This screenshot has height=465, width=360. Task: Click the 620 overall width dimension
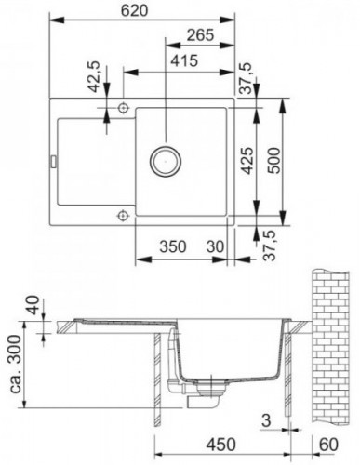click(x=135, y=11)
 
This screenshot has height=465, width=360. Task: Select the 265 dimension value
click(x=200, y=35)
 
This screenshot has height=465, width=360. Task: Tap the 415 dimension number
click(x=184, y=60)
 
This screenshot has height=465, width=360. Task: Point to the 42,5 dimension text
click(x=94, y=76)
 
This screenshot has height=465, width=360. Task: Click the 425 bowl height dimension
click(x=247, y=160)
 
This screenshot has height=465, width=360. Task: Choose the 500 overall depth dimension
click(x=273, y=160)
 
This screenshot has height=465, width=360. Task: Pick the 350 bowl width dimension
click(x=173, y=246)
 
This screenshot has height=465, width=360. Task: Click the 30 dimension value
click(x=215, y=246)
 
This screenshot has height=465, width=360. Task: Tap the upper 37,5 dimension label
click(x=245, y=78)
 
